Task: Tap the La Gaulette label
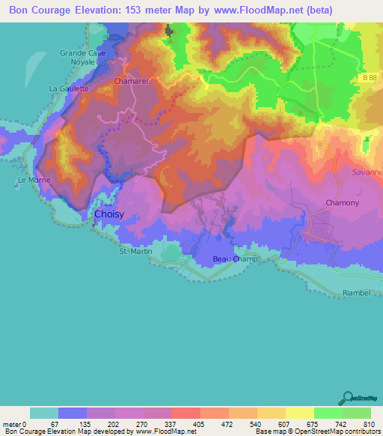[69, 88]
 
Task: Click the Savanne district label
[367, 172]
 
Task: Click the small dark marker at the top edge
[168, 31]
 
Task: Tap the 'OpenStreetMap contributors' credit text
[334, 432]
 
